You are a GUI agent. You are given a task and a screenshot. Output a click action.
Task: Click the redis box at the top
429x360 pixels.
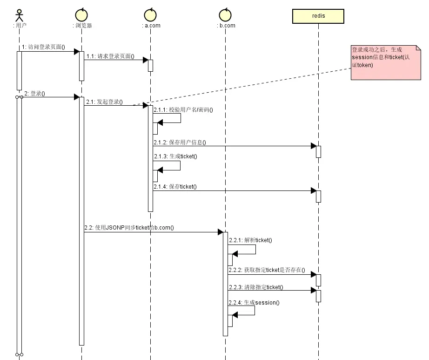coord(318,16)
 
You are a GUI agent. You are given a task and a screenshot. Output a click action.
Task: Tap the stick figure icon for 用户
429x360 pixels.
coord(19,15)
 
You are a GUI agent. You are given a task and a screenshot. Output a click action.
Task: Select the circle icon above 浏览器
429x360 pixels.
coord(81,15)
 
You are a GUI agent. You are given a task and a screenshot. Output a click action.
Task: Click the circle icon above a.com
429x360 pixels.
coord(150,15)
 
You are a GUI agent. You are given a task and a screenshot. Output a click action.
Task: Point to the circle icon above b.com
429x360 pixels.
coord(226,15)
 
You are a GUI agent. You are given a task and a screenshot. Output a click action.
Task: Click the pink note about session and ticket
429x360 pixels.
coord(386,63)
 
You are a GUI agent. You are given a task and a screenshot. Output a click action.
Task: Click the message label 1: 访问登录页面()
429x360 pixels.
coord(43,47)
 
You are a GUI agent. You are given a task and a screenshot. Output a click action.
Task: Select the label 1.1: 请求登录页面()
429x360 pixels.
coord(111,56)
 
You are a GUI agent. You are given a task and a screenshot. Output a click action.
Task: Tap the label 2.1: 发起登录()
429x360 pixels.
coord(105,102)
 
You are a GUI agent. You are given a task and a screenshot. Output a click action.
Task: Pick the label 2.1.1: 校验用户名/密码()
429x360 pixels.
coord(183,110)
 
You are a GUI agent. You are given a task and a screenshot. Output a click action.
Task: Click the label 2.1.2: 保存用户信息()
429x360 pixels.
coord(180,143)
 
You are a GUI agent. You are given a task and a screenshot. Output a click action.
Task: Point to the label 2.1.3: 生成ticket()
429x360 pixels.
coord(176,156)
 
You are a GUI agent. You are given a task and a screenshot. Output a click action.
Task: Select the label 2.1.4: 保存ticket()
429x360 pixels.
coord(175,187)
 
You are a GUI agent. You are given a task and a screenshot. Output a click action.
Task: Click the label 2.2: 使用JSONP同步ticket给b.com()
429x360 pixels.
coord(129,228)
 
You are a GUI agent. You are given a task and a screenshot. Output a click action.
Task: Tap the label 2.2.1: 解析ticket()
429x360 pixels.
coord(251,240)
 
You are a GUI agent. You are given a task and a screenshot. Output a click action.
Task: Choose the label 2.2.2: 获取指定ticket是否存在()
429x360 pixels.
coord(267,270)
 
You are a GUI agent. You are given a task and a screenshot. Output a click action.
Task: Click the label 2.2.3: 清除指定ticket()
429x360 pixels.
coord(256,287)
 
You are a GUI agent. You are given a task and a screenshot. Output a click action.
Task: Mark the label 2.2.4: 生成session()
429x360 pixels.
coord(254,303)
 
